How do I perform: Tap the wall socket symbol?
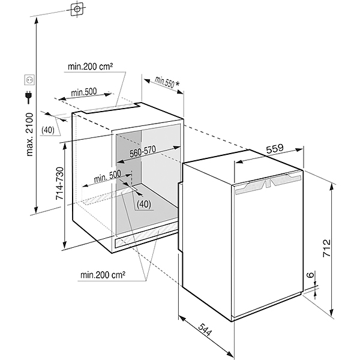tap(28, 79)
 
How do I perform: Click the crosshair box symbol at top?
tap(77, 10)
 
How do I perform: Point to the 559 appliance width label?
tap(275, 150)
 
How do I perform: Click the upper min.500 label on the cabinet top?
tap(83, 92)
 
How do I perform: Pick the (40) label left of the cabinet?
tap(48, 130)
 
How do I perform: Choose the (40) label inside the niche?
tap(143, 204)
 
